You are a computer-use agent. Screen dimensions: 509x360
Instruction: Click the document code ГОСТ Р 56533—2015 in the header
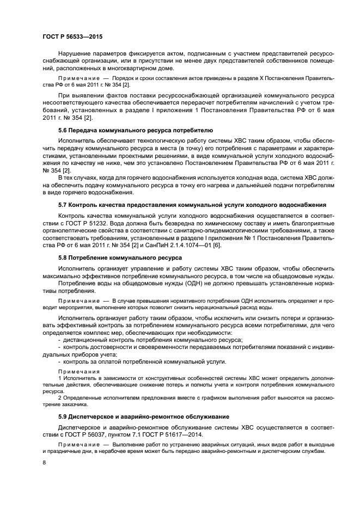pos(72,36)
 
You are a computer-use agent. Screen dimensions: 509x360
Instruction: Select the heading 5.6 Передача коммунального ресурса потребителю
pos(136,131)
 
